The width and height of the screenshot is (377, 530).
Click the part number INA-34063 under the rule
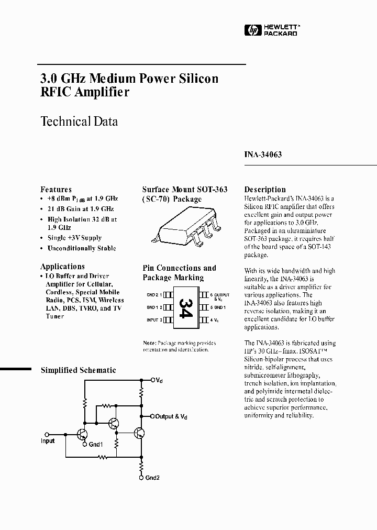[x=263, y=155]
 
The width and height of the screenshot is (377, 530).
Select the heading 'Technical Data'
[x=79, y=122]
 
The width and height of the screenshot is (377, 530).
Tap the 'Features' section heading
[x=56, y=190]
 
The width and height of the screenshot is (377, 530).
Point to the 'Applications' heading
[x=62, y=267]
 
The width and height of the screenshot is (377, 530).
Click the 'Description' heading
[x=265, y=190]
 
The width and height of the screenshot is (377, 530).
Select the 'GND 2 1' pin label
[x=155, y=295]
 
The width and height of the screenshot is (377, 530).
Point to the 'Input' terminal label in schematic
[x=48, y=441]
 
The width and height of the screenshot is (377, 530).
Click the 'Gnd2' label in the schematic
[x=153, y=478]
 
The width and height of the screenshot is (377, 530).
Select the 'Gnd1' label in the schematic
[x=96, y=445]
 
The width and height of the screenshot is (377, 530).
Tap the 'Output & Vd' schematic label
[x=171, y=417]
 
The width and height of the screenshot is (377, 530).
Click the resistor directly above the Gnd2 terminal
[x=141, y=465]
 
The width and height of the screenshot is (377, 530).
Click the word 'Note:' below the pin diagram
[x=150, y=343]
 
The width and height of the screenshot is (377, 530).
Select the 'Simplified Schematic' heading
[x=79, y=370]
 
